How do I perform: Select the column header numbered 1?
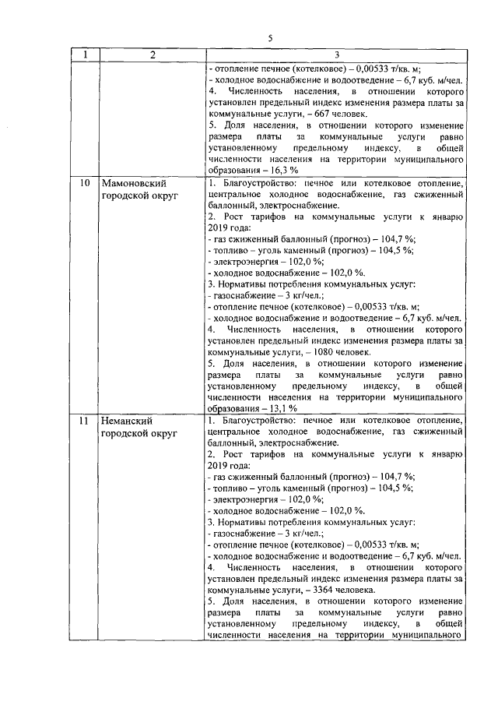[86, 55]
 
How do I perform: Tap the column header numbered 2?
[153, 55]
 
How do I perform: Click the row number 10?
[86, 183]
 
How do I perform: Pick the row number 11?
[86, 421]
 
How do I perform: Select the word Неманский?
[130, 421]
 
